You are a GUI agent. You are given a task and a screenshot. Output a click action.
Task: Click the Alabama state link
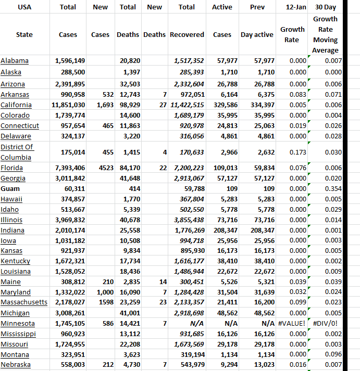[x=15, y=61]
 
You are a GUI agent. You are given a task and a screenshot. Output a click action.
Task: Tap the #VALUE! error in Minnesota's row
[x=292, y=324]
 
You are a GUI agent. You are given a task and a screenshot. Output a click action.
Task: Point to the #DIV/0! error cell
[x=326, y=324]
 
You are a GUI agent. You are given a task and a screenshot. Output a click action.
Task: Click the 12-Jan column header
[x=292, y=7]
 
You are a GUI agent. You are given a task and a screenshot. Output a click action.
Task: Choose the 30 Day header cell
[x=325, y=7]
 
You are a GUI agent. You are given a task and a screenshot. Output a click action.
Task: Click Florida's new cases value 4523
[x=100, y=168]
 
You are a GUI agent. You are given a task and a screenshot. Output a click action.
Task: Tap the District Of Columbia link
[x=17, y=152]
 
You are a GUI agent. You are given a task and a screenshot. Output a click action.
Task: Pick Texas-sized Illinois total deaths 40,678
[x=130, y=220]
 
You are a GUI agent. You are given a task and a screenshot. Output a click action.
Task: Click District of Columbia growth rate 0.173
[x=297, y=152]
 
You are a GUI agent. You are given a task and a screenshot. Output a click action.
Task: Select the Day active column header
[x=257, y=35]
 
